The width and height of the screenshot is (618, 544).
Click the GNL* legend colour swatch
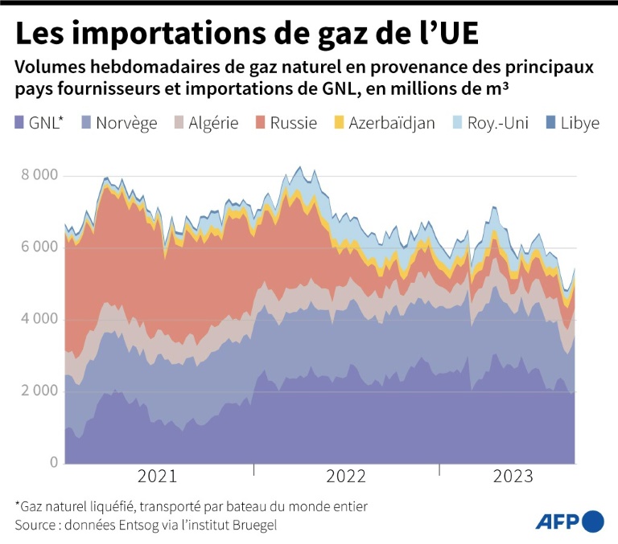(19, 124)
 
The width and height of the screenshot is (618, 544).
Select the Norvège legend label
(127, 124)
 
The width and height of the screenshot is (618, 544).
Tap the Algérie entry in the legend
(213, 124)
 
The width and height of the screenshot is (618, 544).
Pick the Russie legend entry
(293, 124)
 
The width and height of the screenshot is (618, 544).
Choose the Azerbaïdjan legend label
(392, 124)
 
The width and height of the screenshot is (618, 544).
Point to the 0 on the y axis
(53, 463)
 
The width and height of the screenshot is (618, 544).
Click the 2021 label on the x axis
(157, 477)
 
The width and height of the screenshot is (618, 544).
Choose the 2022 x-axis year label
(347, 477)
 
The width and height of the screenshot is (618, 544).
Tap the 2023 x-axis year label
(513, 477)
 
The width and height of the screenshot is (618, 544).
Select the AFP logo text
(557, 522)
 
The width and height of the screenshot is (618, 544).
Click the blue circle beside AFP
(593, 522)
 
